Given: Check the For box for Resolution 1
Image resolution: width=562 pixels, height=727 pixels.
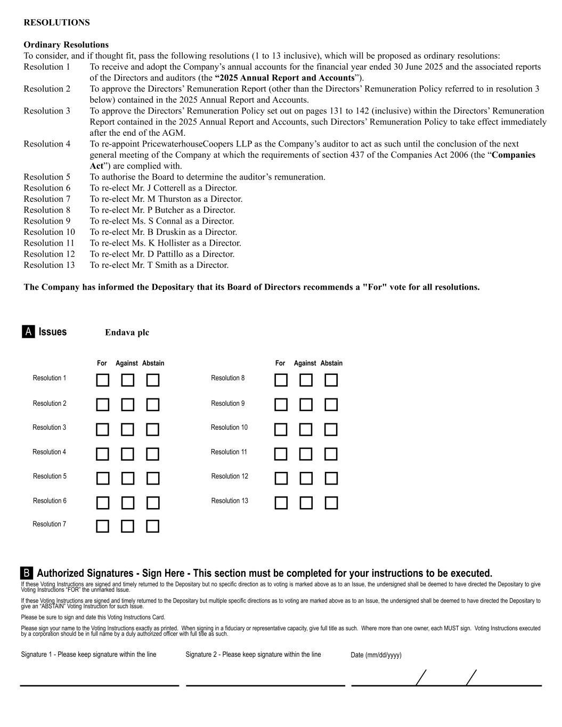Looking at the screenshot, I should click(103, 380).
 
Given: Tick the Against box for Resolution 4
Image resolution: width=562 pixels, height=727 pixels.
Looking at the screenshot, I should click(127, 454).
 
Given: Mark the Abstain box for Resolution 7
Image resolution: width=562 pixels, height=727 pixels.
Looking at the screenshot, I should click(153, 526).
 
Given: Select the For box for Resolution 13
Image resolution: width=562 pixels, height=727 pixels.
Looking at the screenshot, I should click(281, 503).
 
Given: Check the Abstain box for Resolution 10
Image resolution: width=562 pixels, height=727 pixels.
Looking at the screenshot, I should click(331, 429).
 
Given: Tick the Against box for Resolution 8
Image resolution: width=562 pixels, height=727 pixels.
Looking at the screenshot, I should click(306, 380).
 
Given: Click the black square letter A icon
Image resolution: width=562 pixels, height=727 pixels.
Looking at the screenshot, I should click(28, 332).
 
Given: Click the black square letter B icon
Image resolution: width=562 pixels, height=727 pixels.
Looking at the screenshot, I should click(27, 573).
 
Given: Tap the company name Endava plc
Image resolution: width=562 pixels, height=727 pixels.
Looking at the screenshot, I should click(127, 332).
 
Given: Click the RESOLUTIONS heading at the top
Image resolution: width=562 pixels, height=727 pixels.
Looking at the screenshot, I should click(56, 22).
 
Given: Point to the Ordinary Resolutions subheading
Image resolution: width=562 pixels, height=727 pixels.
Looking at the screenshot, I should click(66, 45).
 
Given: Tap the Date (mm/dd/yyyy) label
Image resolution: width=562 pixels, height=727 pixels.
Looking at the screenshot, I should click(376, 655).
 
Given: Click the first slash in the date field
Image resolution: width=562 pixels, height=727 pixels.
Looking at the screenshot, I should click(421, 678).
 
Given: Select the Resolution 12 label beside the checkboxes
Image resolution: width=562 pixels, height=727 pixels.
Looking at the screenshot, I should click(230, 476).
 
